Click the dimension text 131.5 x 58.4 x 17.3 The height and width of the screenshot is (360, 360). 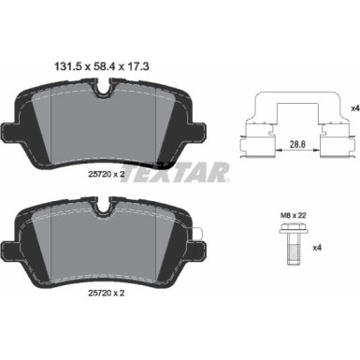point(105,66)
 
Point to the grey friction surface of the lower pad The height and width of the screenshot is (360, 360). point(104,252)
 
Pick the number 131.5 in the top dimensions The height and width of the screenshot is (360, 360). point(60,66)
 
